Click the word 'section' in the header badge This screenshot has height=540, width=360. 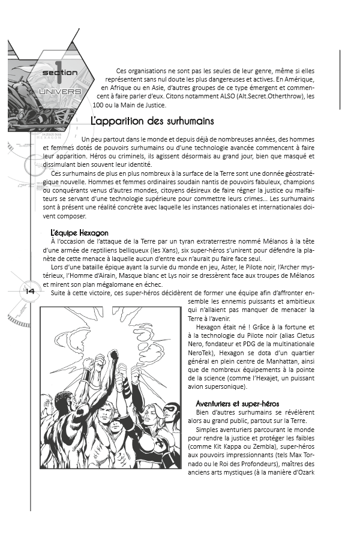(59, 73)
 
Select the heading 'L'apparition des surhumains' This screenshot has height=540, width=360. (152, 121)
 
